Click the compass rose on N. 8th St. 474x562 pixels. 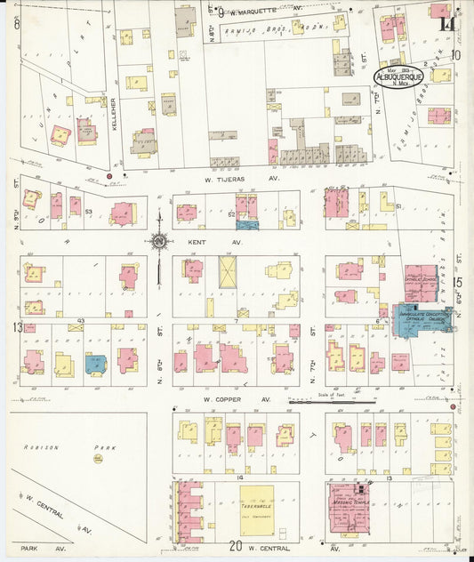click(x=158, y=240)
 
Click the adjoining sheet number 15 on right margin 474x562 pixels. click(x=457, y=283)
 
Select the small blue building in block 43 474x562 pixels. click(x=93, y=362)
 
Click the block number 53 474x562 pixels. click(x=89, y=212)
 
